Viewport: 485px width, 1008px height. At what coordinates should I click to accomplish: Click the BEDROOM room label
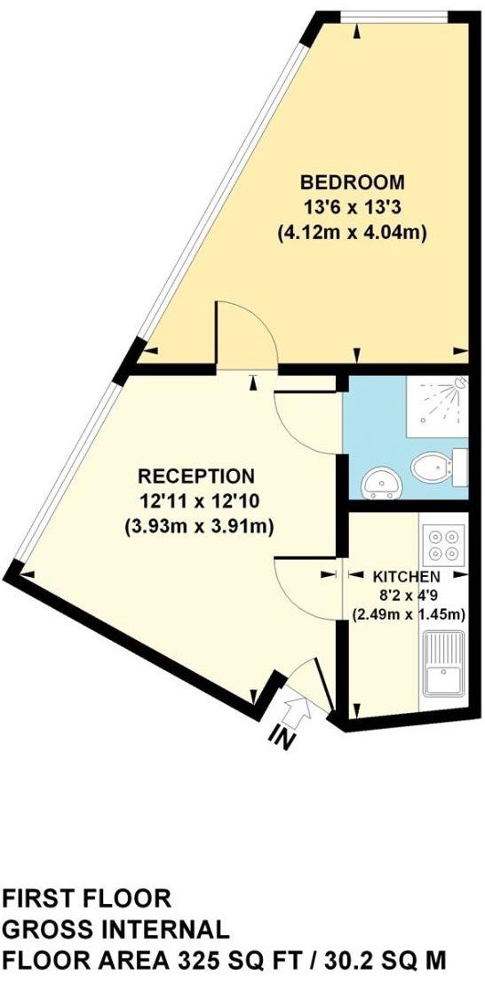(x=352, y=183)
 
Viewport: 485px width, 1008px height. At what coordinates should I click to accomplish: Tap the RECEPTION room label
(x=196, y=476)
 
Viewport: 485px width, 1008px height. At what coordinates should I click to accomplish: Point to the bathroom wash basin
(x=382, y=483)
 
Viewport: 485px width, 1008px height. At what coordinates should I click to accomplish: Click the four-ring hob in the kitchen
(x=441, y=546)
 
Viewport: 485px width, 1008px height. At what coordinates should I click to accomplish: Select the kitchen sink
(x=441, y=664)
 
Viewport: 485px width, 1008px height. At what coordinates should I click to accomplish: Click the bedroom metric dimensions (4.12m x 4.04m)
(x=352, y=235)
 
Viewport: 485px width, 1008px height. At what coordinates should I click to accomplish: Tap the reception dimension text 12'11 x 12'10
(x=196, y=500)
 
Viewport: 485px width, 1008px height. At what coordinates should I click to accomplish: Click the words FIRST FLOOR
(x=86, y=897)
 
